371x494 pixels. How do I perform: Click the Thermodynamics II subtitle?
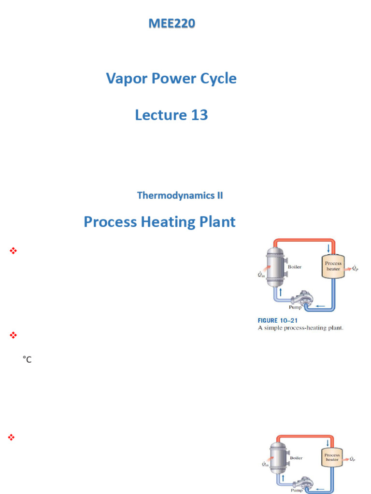point(180,195)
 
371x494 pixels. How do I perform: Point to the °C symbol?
point(27,359)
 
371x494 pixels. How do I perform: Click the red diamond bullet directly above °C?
point(13,334)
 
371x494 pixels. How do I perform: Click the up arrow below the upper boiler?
point(280,291)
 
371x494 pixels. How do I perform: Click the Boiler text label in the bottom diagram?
point(296,458)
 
